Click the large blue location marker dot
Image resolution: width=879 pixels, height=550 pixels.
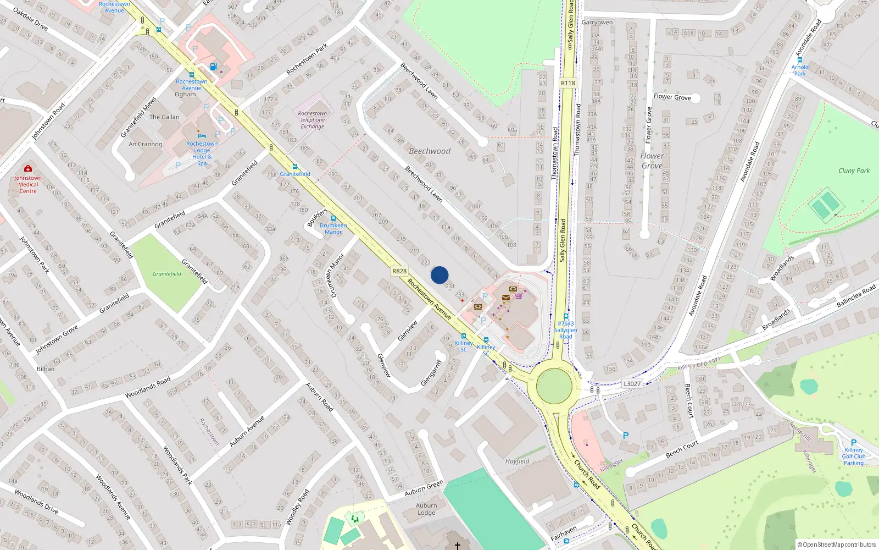[439, 275]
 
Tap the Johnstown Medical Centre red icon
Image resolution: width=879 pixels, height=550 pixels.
[28, 168]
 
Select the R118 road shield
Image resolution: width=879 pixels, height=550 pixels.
[568, 83]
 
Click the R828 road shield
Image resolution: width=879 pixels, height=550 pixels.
[399, 271]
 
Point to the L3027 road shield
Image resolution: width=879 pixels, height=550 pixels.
[632, 384]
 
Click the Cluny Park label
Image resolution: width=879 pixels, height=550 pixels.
[854, 170]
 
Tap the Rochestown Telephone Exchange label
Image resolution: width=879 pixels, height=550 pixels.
[312, 120]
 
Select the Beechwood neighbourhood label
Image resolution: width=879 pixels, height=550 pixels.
[430, 151]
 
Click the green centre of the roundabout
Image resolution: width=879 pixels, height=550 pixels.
[554, 386]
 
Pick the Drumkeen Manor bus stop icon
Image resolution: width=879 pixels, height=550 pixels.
[333, 218]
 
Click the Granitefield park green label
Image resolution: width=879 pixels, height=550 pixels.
[167, 274]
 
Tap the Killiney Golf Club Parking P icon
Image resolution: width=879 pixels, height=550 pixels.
[853, 443]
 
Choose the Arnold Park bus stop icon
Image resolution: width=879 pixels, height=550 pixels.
[800, 60]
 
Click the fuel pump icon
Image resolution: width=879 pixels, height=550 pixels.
[213, 67]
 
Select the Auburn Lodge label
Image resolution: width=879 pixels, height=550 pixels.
[426, 509]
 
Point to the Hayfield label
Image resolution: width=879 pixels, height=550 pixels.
[517, 461]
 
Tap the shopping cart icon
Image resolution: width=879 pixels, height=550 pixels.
[519, 295]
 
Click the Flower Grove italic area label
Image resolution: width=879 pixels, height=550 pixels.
[652, 161]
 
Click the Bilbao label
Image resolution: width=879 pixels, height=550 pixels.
[46, 369]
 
